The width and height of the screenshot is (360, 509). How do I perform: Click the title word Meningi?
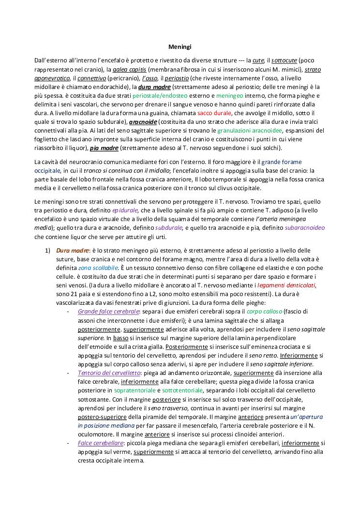(x=180, y=47)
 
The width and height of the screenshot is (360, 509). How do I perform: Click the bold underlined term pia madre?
(x=104, y=148)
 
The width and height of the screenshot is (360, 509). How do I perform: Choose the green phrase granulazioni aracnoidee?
(x=251, y=131)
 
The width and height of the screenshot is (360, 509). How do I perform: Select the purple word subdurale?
(x=169, y=228)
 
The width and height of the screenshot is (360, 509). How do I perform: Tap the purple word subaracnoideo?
(x=304, y=228)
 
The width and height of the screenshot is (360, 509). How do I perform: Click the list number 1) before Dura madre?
(x=48, y=250)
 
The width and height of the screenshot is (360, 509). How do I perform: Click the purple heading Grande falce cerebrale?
(x=108, y=311)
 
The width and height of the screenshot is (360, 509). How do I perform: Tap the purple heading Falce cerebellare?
(x=100, y=443)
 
